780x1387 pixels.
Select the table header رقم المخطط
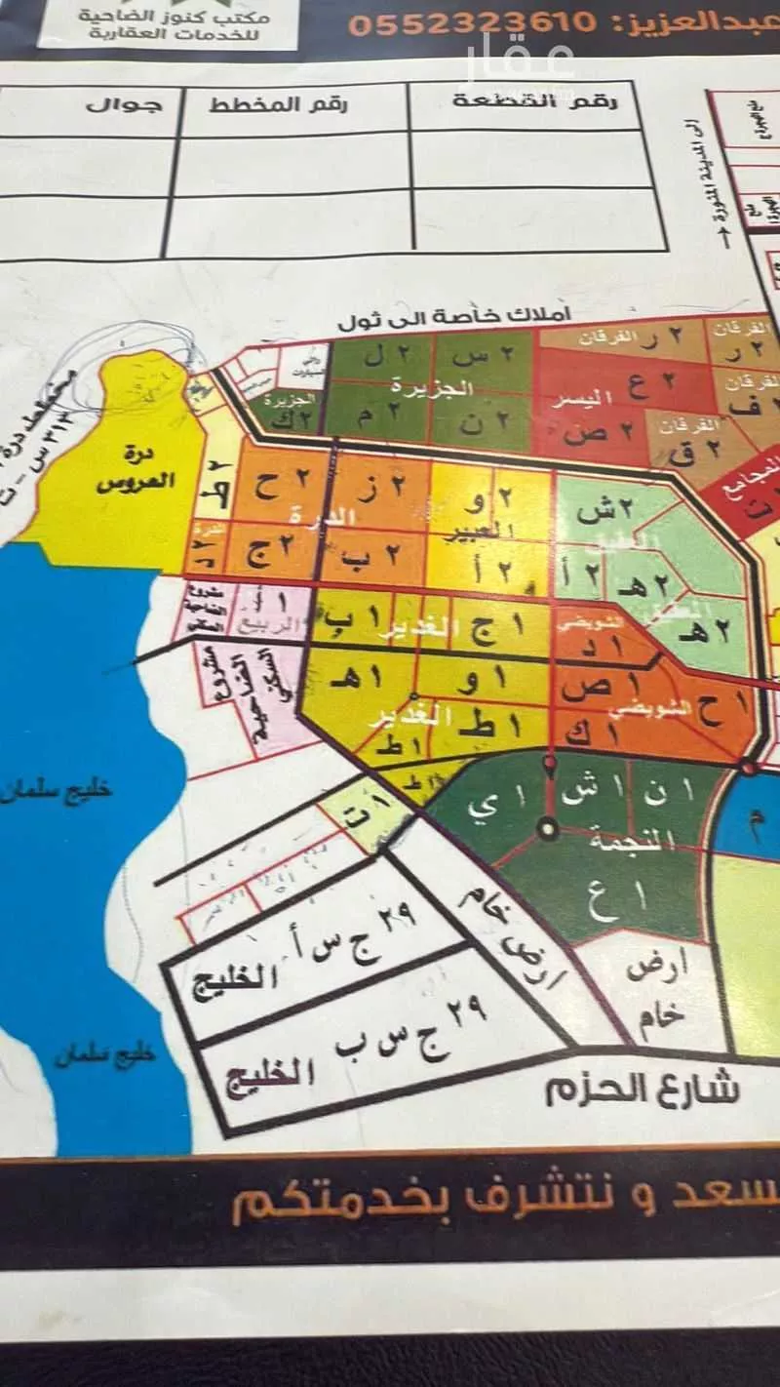click(x=278, y=104)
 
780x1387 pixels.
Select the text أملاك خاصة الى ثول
click(x=454, y=318)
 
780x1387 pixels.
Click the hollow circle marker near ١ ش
click(x=549, y=831)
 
